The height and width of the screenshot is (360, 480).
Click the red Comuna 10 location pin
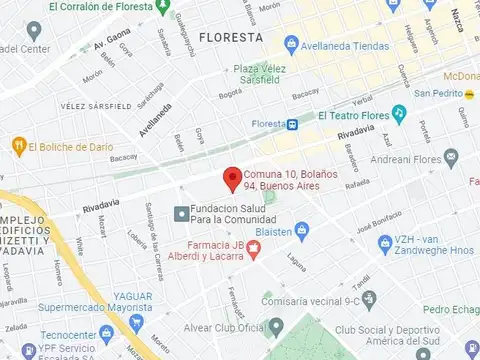click(232, 178)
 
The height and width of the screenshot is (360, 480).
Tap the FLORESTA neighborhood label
click(230, 37)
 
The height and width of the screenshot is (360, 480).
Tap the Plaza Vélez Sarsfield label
click(266, 74)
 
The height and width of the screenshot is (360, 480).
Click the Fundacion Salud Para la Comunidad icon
click(180, 213)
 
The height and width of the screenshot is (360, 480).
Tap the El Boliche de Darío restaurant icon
click(17, 146)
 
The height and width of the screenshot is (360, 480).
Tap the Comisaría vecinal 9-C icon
click(368, 298)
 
